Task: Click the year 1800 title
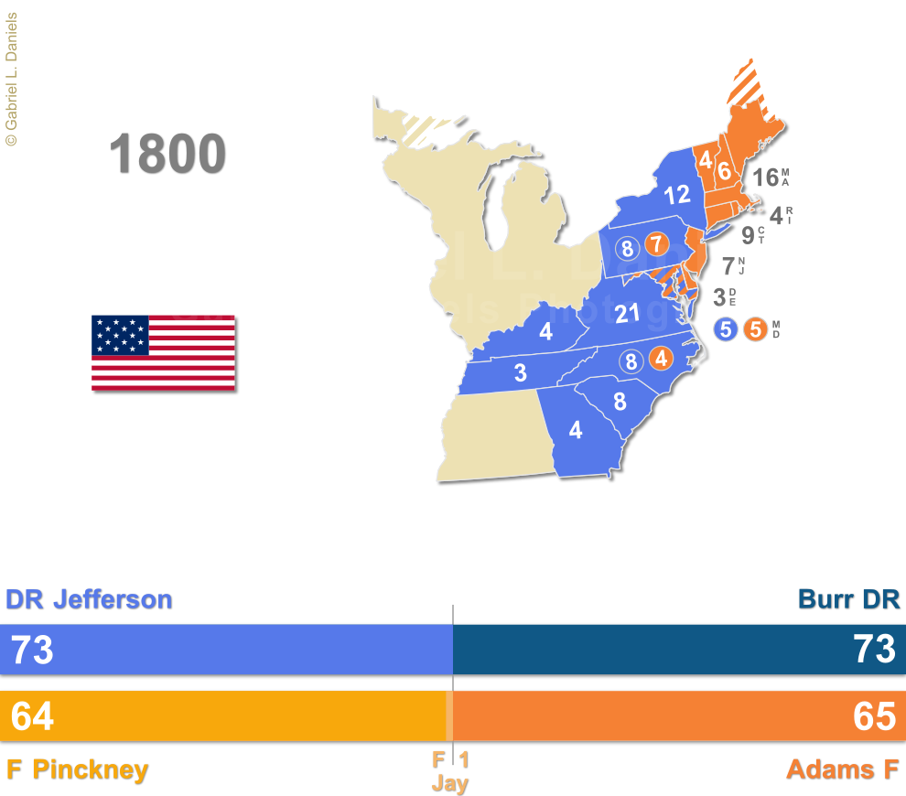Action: click(x=167, y=154)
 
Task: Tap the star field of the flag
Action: click(x=120, y=336)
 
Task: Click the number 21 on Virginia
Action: click(x=628, y=314)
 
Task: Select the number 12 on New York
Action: click(x=677, y=195)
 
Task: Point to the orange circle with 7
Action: click(x=656, y=244)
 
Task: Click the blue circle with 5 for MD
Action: click(x=726, y=329)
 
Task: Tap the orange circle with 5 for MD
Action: click(x=755, y=329)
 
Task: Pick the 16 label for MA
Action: click(x=765, y=177)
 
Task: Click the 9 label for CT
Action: click(x=748, y=235)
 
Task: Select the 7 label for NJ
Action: click(x=728, y=266)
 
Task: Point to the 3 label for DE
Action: click(x=719, y=296)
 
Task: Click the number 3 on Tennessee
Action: click(x=520, y=372)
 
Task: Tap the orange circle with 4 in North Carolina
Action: click(x=662, y=359)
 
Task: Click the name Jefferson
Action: click(x=112, y=599)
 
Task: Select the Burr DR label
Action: click(x=848, y=599)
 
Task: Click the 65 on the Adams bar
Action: click(x=874, y=716)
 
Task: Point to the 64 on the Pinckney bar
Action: click(x=32, y=716)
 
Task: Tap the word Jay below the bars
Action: click(x=449, y=784)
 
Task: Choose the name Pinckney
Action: click(x=90, y=769)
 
